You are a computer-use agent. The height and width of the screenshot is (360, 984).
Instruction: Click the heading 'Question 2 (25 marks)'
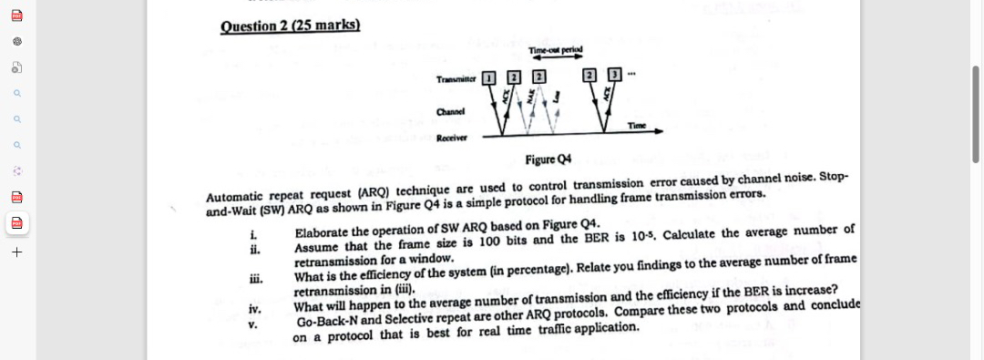point(291,25)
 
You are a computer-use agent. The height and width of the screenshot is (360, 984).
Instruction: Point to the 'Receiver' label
point(452,138)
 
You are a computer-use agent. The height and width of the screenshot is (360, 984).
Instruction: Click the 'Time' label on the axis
point(637,125)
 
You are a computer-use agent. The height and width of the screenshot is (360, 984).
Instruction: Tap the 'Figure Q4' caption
point(548,159)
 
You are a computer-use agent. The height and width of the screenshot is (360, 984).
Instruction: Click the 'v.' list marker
point(254,324)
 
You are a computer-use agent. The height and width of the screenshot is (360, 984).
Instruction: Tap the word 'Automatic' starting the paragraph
point(235,197)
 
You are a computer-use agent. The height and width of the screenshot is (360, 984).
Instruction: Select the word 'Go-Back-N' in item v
point(328,322)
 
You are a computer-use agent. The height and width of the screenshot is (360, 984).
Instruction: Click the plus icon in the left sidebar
point(16,252)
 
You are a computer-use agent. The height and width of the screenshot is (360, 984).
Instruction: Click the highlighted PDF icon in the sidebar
point(16,222)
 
